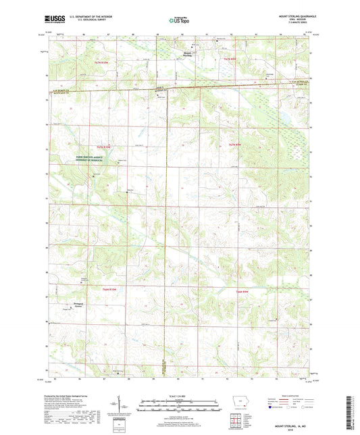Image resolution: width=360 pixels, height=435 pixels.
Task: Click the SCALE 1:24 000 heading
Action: click(x=179, y=395)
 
